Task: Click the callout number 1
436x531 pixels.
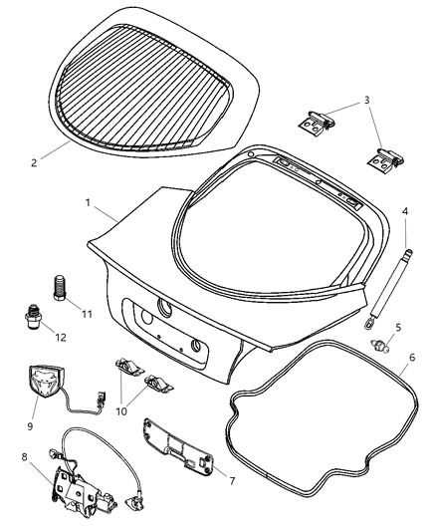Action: (x=90, y=202)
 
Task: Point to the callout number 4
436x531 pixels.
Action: (x=405, y=211)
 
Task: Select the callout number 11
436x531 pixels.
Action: (x=88, y=314)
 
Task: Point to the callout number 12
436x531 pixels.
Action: (x=61, y=338)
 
